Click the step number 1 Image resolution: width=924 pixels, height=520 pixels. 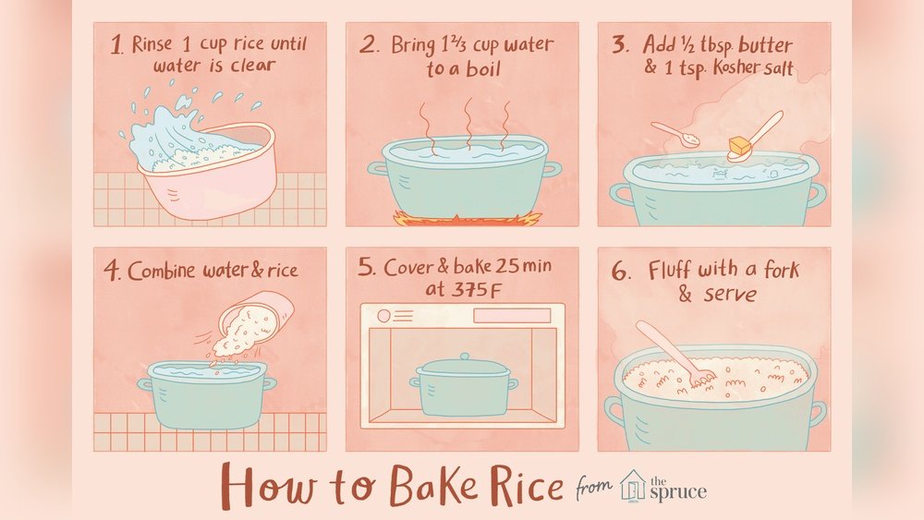(116, 45)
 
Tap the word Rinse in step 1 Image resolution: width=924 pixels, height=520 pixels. (152, 44)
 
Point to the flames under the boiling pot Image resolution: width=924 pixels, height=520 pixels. (467, 219)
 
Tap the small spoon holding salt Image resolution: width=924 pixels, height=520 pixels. (675, 135)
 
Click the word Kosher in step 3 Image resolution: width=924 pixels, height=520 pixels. (735, 68)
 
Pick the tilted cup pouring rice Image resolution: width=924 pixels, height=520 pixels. (256, 321)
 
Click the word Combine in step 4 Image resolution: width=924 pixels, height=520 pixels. (161, 271)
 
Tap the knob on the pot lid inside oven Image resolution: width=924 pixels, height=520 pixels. (465, 357)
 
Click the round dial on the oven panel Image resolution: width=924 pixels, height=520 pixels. (383, 316)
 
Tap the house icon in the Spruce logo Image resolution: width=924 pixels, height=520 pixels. (634, 485)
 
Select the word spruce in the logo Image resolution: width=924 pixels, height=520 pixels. (678, 491)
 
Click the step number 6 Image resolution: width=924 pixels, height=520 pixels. (620, 272)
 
